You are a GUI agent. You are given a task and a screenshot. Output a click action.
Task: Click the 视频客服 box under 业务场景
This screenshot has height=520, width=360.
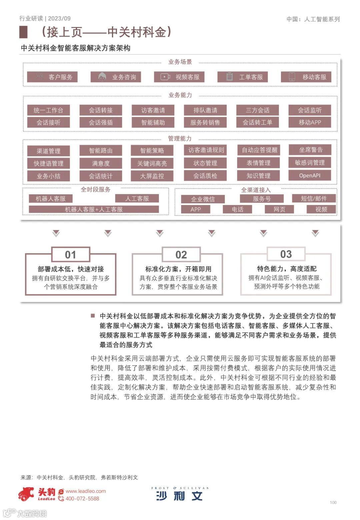pos(179,77)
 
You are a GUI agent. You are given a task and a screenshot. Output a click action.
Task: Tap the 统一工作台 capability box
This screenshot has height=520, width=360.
pos(48,110)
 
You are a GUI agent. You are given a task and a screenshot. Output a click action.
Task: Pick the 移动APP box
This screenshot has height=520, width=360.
pos(310,122)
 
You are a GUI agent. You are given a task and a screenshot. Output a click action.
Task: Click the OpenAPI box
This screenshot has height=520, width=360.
pos(310,175)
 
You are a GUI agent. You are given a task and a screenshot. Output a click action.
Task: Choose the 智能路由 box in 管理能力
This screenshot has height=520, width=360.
pos(101,151)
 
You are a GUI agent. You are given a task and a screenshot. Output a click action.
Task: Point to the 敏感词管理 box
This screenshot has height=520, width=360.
pos(310,163)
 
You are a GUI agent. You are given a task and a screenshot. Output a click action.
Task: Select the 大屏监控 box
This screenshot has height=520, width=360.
pos(152,176)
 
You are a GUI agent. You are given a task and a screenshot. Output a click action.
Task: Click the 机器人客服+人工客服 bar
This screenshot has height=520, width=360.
pos(94,209)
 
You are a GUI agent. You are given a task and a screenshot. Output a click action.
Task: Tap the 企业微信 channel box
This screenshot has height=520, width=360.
pos(203,199)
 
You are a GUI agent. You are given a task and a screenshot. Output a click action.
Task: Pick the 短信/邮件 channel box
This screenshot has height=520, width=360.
pos(314,199)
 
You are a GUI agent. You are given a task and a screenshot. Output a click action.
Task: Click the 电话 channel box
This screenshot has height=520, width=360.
pos(237,209)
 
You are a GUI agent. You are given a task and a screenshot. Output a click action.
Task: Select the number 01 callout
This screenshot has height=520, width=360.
pos(70,255)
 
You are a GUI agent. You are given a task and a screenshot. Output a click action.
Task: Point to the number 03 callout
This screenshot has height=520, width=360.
pos(286,254)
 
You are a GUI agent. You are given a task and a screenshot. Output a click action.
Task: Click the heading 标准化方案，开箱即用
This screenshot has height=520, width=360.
pos(178,269)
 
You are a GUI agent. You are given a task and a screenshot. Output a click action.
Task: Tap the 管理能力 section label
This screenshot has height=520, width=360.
pos(180,138)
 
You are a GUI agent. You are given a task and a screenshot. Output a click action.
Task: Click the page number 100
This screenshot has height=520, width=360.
pos(333,502)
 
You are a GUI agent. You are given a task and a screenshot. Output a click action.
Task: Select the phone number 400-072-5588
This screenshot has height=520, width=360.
pos(82,499)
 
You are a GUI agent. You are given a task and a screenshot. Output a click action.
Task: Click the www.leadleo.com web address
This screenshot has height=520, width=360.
pos(86,491)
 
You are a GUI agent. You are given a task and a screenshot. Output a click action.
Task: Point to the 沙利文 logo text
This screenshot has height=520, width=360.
pos(179,496)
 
